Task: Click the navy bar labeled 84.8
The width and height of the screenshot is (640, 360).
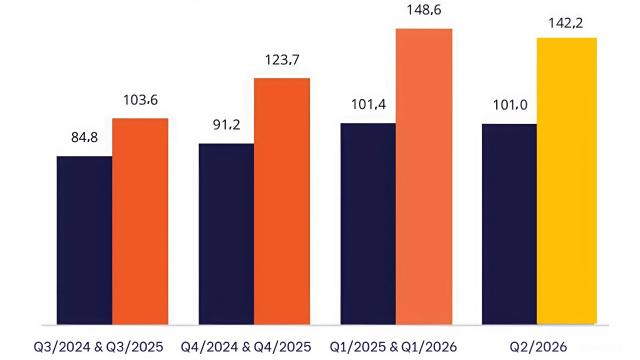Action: [x=84, y=240]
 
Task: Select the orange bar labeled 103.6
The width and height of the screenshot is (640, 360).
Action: [x=140, y=221]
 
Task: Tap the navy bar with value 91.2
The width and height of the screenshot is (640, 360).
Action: [x=226, y=234]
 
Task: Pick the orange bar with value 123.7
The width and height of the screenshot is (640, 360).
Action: [x=282, y=201]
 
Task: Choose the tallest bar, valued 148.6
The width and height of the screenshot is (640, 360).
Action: [x=424, y=176]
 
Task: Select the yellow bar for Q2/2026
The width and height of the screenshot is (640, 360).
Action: [x=567, y=181]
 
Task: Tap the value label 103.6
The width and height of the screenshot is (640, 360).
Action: [x=141, y=101]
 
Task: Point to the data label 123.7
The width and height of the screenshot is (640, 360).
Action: [x=283, y=61]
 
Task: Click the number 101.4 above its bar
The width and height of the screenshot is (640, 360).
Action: [x=368, y=105]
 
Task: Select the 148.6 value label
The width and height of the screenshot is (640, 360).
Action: [x=425, y=12]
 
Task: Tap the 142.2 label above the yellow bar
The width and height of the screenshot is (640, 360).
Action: [x=567, y=22]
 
